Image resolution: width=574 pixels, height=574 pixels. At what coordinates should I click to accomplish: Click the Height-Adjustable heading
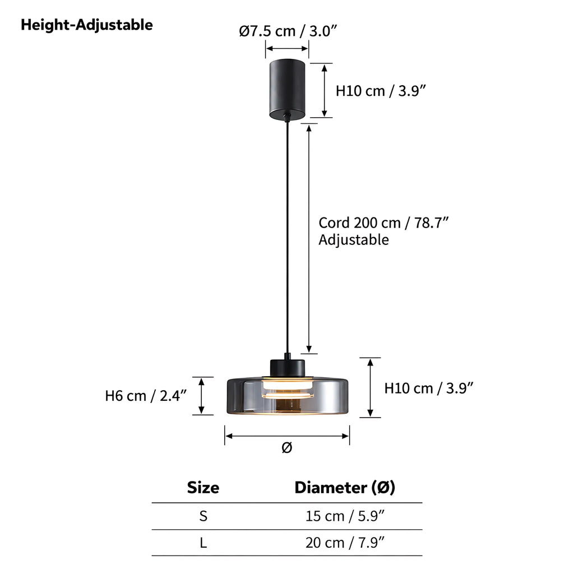[87, 25]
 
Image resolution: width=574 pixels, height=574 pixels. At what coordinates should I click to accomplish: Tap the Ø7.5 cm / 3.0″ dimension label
[288, 31]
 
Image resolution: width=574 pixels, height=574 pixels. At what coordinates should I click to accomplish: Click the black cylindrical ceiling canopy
[288, 89]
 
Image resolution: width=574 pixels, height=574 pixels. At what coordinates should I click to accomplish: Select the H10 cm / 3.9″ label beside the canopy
[381, 91]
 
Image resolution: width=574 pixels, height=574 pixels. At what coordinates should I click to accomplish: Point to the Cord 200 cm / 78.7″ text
[383, 223]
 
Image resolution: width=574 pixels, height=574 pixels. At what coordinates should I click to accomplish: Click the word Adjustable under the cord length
[354, 240]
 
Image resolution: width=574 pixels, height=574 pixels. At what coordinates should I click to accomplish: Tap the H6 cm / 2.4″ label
[146, 396]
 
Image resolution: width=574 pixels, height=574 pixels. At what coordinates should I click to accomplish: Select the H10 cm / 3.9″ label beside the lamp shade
[429, 388]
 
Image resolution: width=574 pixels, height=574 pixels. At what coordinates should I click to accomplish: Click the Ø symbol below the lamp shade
[287, 447]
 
